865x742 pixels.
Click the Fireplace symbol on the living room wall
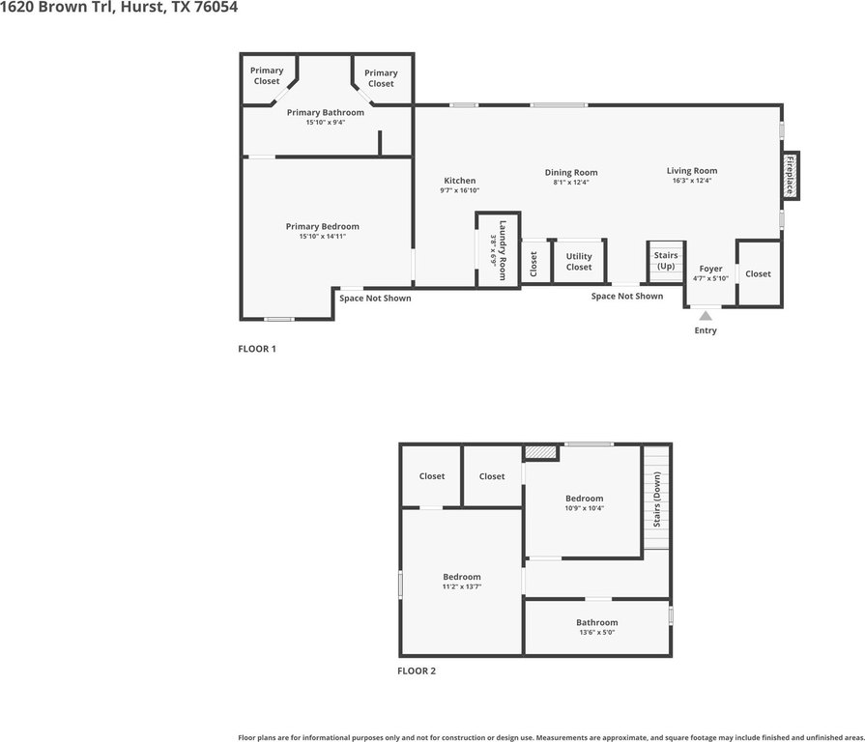(790, 175)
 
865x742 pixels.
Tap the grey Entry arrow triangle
(706, 315)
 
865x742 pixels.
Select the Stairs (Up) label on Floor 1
(666, 261)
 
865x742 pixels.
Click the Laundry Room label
(503, 250)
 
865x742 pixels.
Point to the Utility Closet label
(579, 261)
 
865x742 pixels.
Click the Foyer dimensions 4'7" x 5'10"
(710, 278)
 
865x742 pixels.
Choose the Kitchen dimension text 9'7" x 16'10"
(459, 190)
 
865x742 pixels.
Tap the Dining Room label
(571, 173)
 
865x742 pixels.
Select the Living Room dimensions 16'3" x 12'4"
(692, 181)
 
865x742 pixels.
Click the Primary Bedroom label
(322, 227)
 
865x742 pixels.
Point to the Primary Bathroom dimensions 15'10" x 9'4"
(326, 123)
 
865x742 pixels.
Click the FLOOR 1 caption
(257, 349)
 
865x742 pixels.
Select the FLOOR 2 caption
(417, 671)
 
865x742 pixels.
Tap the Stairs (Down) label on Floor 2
(656, 499)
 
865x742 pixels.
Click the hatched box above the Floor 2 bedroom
(540, 452)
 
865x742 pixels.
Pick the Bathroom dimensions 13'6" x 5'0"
(597, 632)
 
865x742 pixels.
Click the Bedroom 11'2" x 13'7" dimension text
(462, 586)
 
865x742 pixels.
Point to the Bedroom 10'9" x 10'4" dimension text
(584, 508)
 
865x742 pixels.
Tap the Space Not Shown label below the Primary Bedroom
(375, 299)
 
